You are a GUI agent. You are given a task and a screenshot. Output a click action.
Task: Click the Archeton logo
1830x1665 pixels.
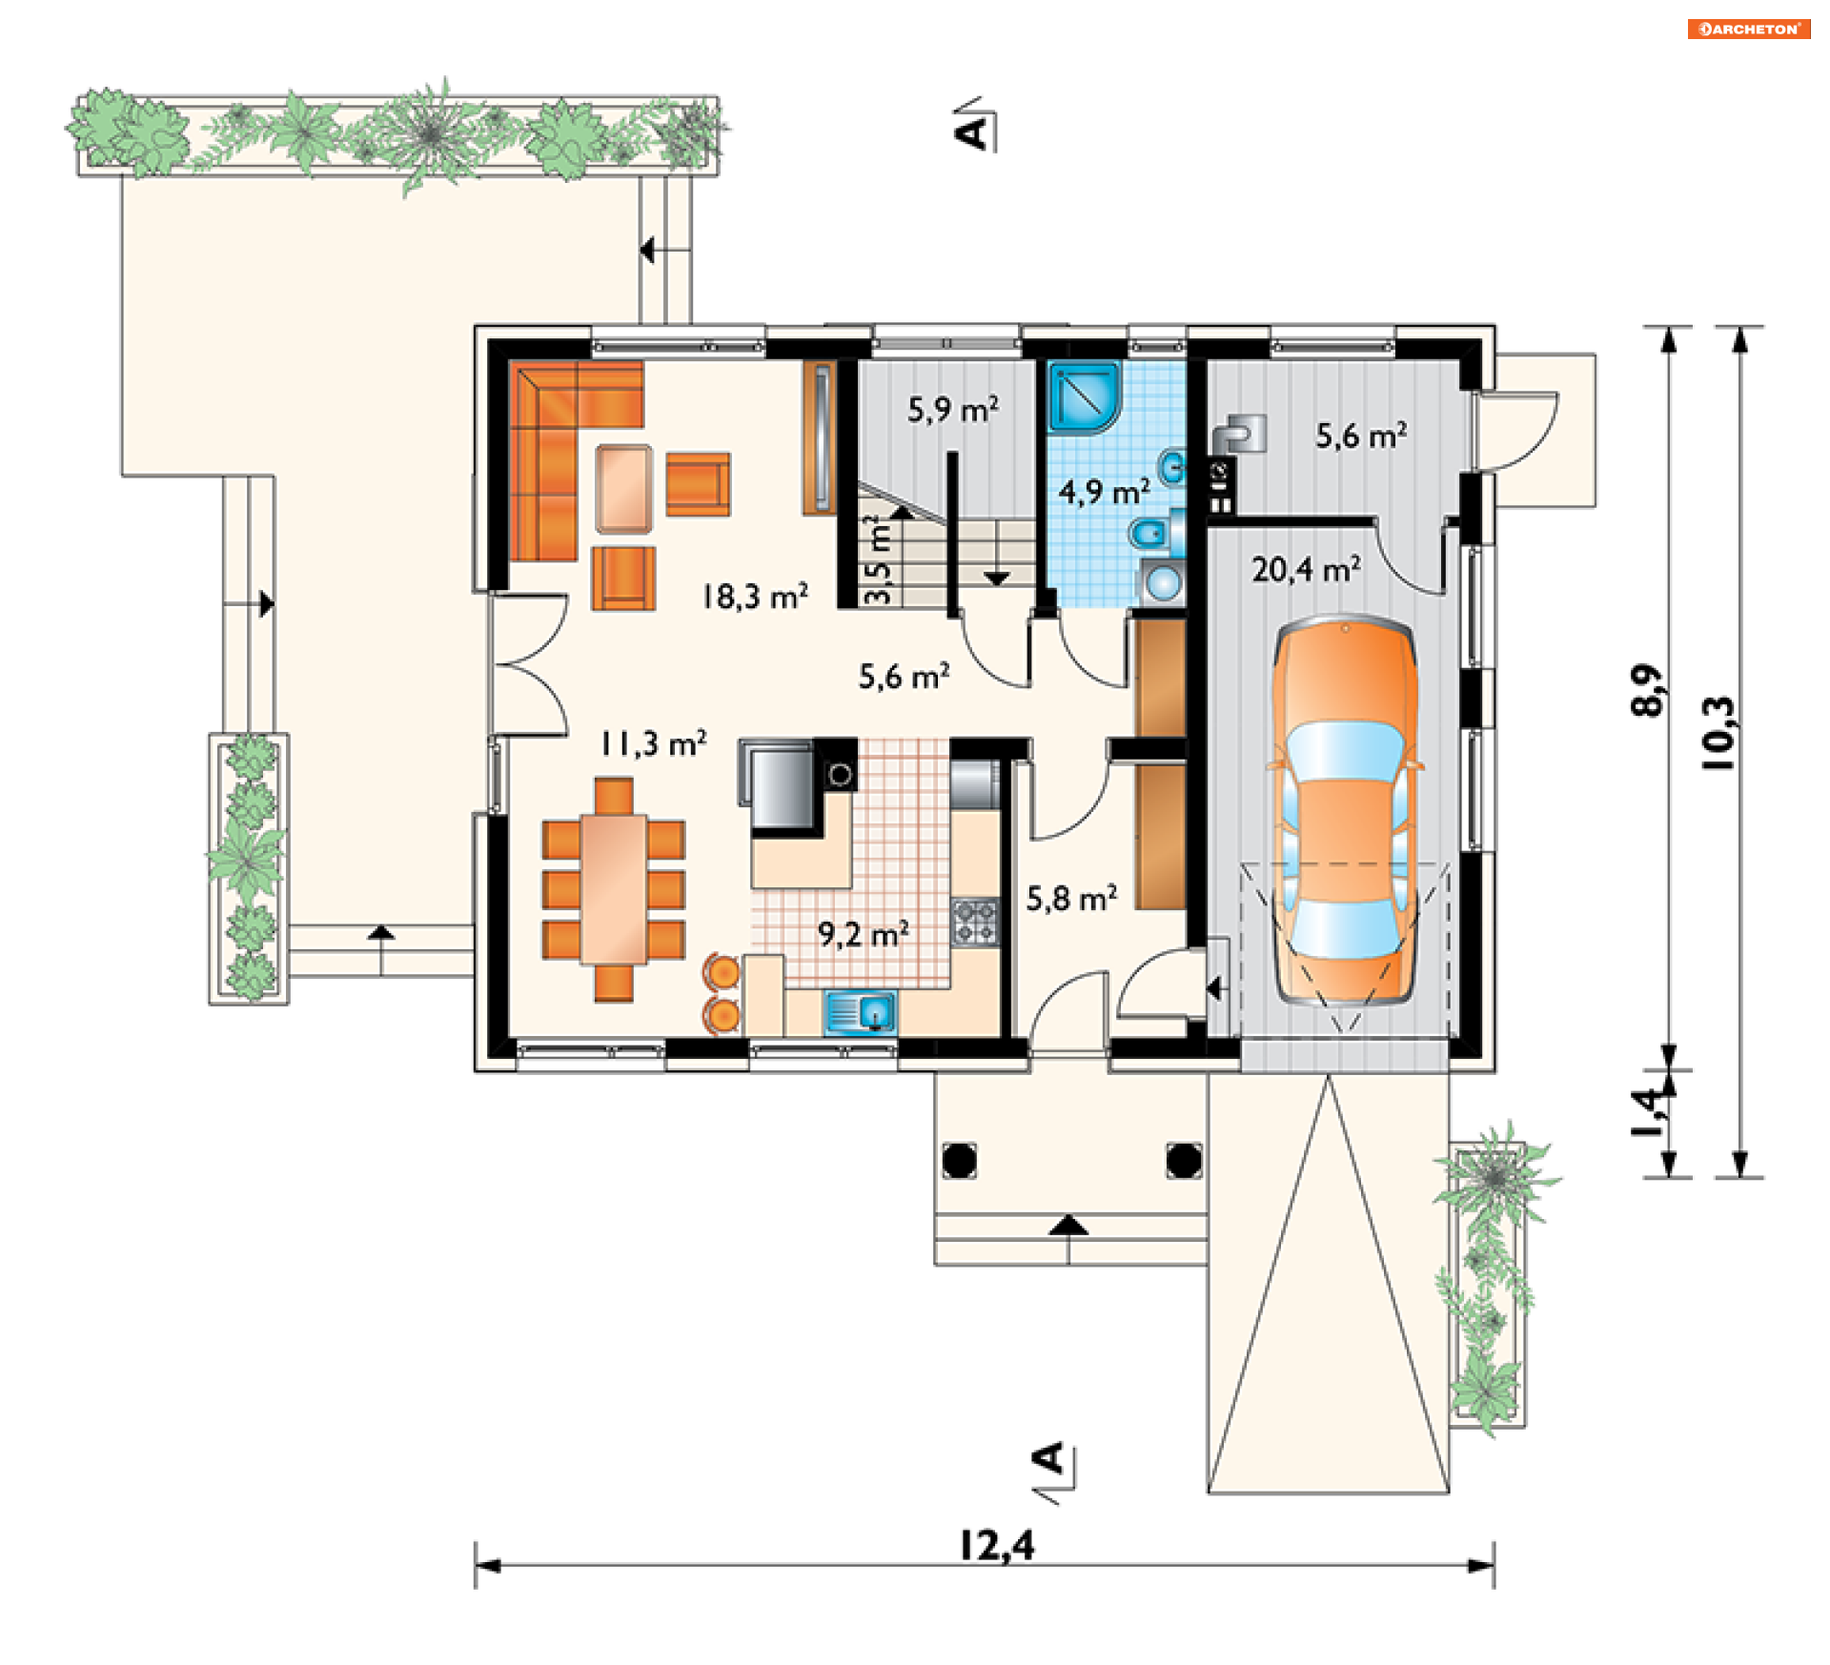pyautogui.click(x=1749, y=29)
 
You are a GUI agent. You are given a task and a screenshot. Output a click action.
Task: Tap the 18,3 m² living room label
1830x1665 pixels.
pyautogui.click(x=755, y=597)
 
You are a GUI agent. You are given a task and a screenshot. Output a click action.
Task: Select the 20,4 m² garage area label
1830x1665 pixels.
pyautogui.click(x=1306, y=569)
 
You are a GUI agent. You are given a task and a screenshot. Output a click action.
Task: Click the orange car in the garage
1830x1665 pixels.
pyautogui.click(x=1344, y=810)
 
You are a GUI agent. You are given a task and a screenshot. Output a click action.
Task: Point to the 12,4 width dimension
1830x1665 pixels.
pyautogui.click(x=996, y=1545)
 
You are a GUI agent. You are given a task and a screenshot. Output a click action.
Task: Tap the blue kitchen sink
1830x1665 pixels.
pyautogui.click(x=860, y=1011)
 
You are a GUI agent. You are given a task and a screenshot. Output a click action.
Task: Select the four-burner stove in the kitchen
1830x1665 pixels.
pyautogui.click(x=975, y=922)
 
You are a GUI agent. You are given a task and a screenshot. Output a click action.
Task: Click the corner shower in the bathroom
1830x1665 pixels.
pyautogui.click(x=1085, y=396)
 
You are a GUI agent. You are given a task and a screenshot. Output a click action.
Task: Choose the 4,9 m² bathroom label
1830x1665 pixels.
pyautogui.click(x=1104, y=492)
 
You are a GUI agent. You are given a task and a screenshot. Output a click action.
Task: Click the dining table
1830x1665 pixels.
pyautogui.click(x=614, y=888)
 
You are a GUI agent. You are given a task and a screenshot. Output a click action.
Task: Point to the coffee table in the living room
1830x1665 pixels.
pyautogui.click(x=624, y=488)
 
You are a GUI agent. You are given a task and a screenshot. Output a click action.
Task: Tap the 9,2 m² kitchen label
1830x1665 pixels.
pyautogui.click(x=863, y=934)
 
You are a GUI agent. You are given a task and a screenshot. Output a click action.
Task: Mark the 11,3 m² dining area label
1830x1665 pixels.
pyautogui.click(x=653, y=743)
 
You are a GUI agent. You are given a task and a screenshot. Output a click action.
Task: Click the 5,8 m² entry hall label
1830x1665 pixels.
pyautogui.click(x=1071, y=899)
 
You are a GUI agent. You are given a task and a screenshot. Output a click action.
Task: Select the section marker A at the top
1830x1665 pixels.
pyautogui.click(x=973, y=131)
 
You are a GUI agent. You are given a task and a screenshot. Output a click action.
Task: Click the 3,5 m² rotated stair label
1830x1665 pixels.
pyautogui.click(x=877, y=559)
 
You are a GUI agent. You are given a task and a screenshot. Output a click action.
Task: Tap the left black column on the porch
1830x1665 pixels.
pyautogui.click(x=959, y=1160)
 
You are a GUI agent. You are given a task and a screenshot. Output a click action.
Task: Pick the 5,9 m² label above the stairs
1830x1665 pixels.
pyautogui.click(x=953, y=410)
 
